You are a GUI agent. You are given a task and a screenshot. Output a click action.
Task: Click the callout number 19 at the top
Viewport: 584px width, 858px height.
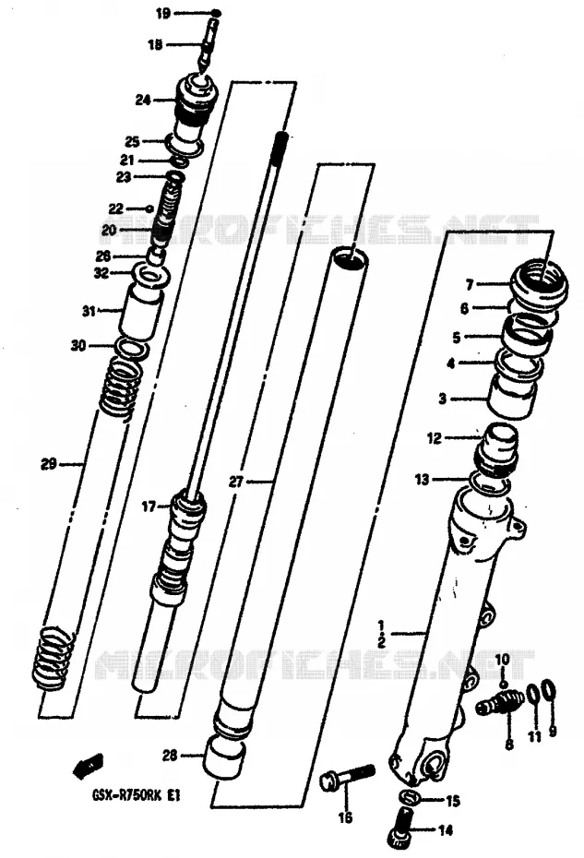click(x=163, y=12)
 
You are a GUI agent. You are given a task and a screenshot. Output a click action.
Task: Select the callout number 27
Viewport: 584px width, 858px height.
click(x=236, y=482)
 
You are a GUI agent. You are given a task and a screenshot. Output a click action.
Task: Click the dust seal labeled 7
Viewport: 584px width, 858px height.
click(x=539, y=283)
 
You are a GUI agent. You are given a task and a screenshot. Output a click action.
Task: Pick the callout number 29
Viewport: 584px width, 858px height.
click(x=49, y=465)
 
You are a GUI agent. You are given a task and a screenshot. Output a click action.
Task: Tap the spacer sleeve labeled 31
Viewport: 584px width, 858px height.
click(x=142, y=313)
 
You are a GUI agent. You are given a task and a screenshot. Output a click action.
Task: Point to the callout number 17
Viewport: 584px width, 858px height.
click(x=149, y=506)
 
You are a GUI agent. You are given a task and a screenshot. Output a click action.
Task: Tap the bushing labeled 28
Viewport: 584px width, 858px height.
click(x=223, y=757)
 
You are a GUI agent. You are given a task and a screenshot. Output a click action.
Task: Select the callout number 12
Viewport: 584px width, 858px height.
click(x=434, y=437)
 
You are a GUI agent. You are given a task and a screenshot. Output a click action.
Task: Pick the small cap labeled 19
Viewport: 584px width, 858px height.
click(x=215, y=12)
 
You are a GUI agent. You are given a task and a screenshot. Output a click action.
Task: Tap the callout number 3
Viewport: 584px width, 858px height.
click(x=442, y=399)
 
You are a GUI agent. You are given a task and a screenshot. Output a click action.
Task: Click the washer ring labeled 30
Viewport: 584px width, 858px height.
click(x=131, y=349)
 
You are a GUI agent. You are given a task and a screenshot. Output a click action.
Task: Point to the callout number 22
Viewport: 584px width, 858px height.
click(x=116, y=209)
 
